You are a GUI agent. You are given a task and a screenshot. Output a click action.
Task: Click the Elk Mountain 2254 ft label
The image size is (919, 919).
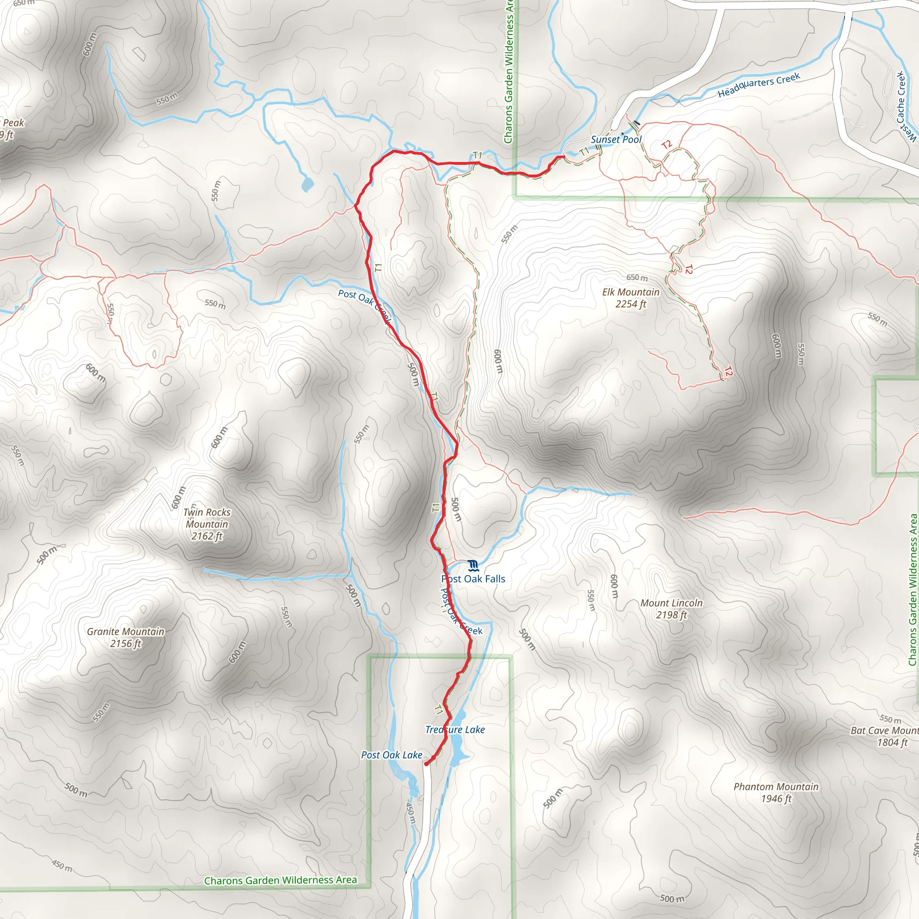coord(631,298)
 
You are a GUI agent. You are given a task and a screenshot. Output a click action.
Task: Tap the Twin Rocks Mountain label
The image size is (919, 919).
coord(207,524)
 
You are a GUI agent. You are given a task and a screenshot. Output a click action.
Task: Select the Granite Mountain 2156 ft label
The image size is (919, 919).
coord(126,637)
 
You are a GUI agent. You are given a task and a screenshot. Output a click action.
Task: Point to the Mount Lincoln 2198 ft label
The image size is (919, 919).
coord(671,609)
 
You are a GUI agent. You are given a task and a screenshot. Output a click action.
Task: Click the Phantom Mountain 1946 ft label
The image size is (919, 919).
coord(776,792)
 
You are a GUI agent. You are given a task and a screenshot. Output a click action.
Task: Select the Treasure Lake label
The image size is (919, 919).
coord(455,730)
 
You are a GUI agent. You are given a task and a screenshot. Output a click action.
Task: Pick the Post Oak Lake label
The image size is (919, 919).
coord(391,755)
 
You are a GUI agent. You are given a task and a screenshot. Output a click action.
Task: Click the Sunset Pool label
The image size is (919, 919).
coord(616,140)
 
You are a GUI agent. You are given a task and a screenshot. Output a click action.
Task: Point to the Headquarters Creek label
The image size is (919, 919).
coord(759,85)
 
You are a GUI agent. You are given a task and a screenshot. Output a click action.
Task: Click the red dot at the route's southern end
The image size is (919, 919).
coord(426,764)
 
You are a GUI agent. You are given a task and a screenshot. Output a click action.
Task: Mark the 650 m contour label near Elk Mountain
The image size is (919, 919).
coord(636,277)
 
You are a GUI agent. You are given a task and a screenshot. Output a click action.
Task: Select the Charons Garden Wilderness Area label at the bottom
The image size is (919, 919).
coord(280,880)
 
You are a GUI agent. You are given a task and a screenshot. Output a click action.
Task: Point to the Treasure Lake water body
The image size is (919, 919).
coord(458,754)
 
